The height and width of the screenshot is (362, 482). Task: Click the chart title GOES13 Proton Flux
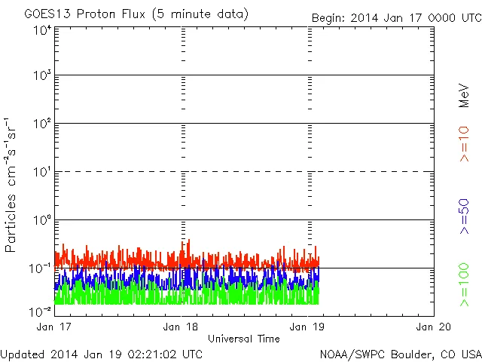pos(136,14)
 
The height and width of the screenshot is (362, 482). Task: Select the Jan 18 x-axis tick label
pos(181,327)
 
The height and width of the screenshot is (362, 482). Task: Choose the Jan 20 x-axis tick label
pos(432,327)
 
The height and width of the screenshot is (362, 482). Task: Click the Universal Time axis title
pos(243,339)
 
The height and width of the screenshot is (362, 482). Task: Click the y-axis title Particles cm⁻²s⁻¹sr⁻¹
pos(11,185)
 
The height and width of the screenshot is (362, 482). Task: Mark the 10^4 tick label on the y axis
pos(42,29)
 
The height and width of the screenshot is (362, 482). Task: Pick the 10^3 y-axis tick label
pos(42,76)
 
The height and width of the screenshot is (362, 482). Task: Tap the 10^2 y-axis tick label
pos(42,124)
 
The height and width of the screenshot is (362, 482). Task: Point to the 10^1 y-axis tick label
pos(42,173)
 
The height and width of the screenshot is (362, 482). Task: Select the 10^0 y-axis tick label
pos(42,221)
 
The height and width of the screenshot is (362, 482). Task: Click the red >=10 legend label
pos(464,144)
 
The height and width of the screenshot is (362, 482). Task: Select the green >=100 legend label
pos(464,286)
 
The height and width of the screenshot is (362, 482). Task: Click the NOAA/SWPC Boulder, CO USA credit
pos(400,354)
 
